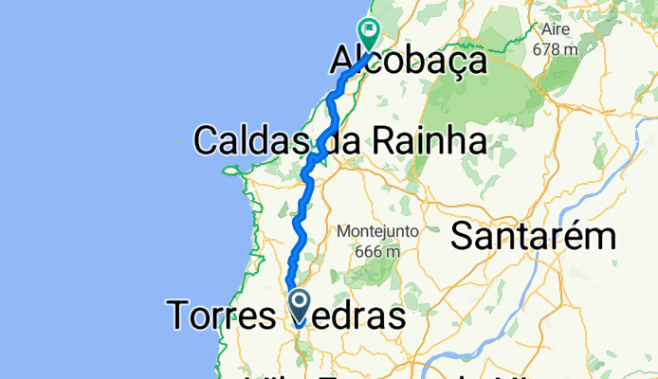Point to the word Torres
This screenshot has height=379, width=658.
(x=224, y=316)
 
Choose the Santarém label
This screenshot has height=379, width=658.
(x=533, y=236)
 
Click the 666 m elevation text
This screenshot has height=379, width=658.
(x=373, y=251)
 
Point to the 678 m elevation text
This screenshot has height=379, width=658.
(x=556, y=48)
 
